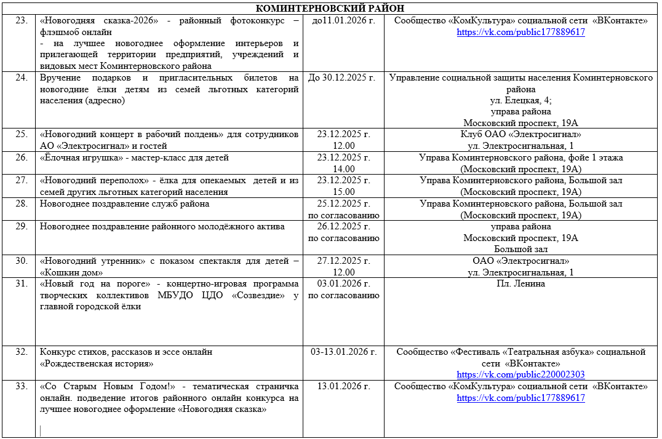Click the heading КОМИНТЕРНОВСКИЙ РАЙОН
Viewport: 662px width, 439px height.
(330, 8)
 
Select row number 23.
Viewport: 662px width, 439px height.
(21, 21)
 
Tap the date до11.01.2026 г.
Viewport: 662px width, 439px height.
(343, 21)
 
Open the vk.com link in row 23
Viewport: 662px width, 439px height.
(520, 32)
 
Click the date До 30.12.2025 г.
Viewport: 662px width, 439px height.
(343, 77)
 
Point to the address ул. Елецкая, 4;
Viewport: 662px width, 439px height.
(520, 100)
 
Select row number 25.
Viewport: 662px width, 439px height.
(21, 134)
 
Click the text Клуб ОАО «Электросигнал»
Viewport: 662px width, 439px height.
(520, 134)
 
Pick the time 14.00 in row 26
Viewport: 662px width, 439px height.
(343, 168)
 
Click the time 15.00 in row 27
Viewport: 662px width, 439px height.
(343, 192)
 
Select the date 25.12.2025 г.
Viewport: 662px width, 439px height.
(343, 204)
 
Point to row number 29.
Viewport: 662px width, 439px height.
(21, 226)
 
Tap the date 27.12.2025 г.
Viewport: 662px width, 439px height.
(343, 261)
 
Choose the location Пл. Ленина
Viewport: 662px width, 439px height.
(520, 283)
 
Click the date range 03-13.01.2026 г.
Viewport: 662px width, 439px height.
(343, 352)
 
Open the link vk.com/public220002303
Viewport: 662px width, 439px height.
(520, 374)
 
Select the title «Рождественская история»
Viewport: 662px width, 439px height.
(97, 363)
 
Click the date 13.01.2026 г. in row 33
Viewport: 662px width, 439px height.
(343, 386)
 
